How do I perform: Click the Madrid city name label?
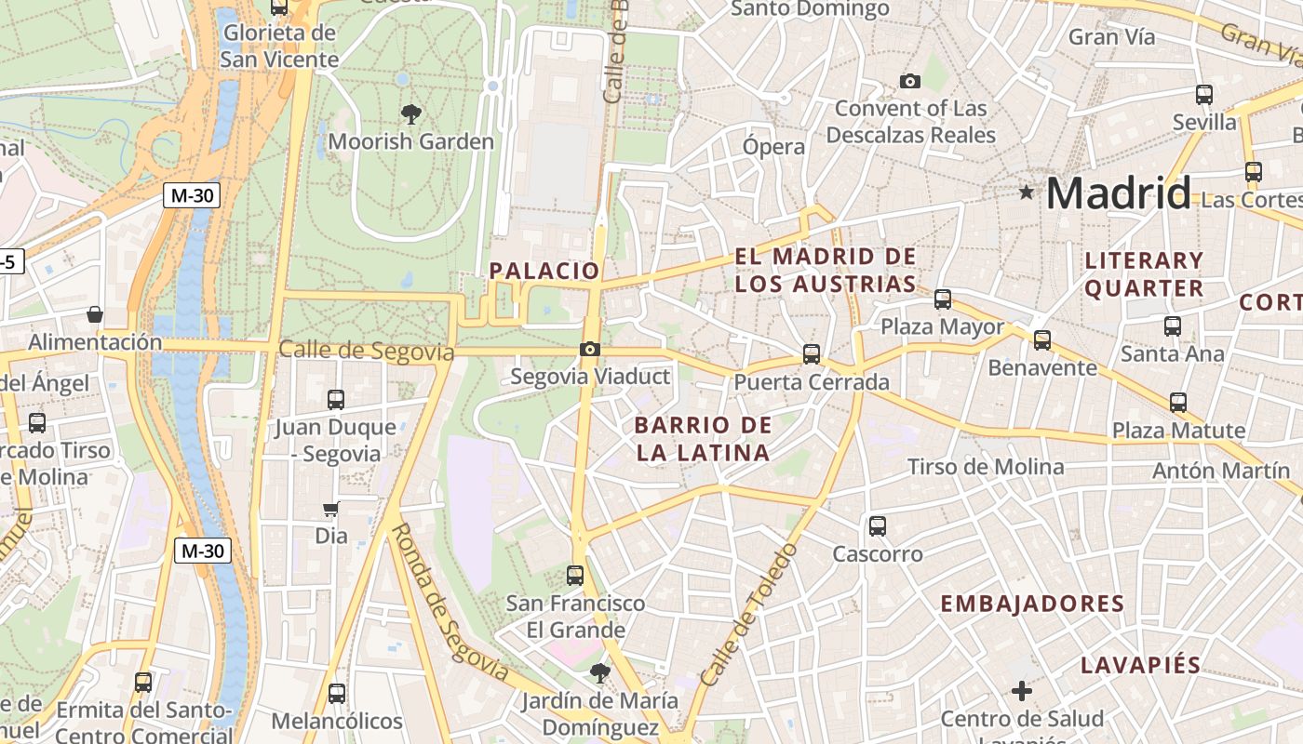tap(1118, 193)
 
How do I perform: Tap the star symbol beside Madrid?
tap(1027, 193)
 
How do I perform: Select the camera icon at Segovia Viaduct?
tap(589, 350)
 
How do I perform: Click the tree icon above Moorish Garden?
tap(410, 114)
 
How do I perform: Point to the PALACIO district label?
tap(544, 271)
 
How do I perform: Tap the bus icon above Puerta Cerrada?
tap(812, 354)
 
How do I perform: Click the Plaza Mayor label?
tap(942, 327)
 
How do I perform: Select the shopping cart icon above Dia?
tap(330, 509)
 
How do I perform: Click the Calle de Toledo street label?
tap(748, 616)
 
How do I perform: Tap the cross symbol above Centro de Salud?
tap(1022, 691)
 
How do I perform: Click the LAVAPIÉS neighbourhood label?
tap(1140, 665)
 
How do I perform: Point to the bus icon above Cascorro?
tap(877, 526)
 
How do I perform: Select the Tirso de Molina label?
tap(986, 467)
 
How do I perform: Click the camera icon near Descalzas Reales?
tap(910, 82)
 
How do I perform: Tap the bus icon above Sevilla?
tap(1204, 94)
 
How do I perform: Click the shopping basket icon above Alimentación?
tap(95, 315)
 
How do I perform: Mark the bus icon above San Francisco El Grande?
tap(575, 575)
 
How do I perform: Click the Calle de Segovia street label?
tap(366, 352)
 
